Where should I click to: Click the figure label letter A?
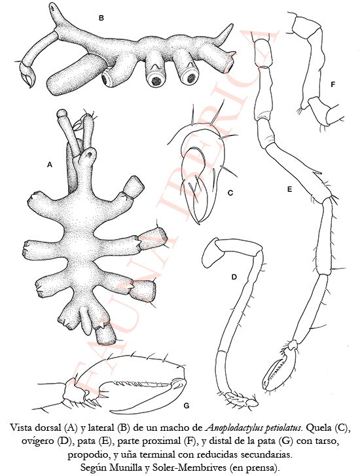click(50, 165)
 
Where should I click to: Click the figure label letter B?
click(101, 18)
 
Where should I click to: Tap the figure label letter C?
click(230, 192)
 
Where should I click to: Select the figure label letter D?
click(234, 277)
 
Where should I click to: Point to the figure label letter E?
click(289, 189)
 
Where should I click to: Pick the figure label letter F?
click(333, 84)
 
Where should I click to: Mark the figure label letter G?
click(187, 405)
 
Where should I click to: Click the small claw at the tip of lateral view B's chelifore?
click(27, 77)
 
